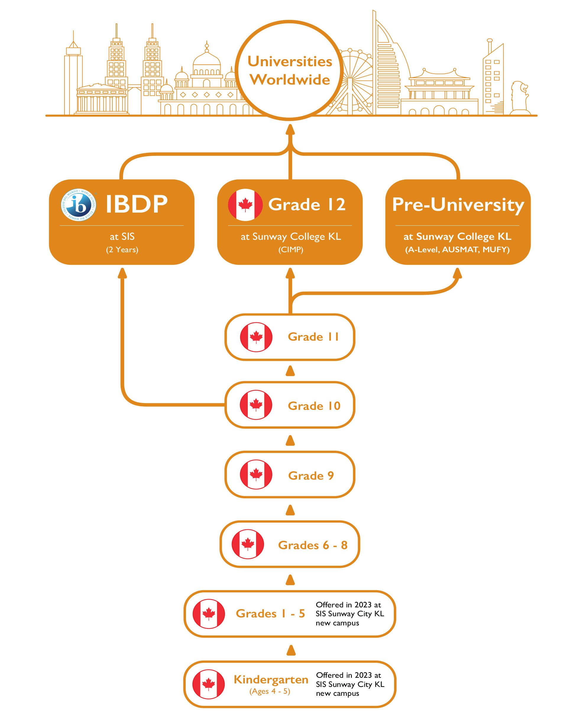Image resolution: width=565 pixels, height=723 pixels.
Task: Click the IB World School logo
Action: click(x=79, y=205)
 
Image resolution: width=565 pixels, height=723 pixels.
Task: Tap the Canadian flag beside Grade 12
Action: click(x=245, y=205)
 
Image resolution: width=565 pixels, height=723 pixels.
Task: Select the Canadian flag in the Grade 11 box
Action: click(x=256, y=337)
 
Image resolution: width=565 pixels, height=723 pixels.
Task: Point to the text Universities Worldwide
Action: click(x=290, y=70)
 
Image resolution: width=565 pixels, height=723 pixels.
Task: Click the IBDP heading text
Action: click(x=136, y=204)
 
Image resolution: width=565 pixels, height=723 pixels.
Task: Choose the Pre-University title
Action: click(x=458, y=205)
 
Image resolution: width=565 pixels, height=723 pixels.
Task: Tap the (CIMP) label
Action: click(x=291, y=250)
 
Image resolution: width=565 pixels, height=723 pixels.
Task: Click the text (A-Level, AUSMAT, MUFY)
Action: click(x=457, y=250)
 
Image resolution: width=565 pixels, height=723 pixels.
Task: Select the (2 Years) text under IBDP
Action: click(x=122, y=250)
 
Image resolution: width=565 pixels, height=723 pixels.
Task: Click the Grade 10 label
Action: click(x=314, y=406)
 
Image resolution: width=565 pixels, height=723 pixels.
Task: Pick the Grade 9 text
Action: click(x=311, y=476)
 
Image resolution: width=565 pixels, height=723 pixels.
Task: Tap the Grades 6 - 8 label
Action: click(x=313, y=545)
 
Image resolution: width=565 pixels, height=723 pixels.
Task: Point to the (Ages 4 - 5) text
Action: click(x=270, y=691)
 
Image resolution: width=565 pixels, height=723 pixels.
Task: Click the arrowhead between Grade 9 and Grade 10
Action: click(x=290, y=441)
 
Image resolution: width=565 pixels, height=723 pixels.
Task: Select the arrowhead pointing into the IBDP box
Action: click(x=122, y=273)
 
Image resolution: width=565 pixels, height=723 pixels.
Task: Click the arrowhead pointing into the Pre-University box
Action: click(x=457, y=274)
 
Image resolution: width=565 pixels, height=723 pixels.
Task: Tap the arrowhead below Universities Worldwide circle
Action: click(x=290, y=130)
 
